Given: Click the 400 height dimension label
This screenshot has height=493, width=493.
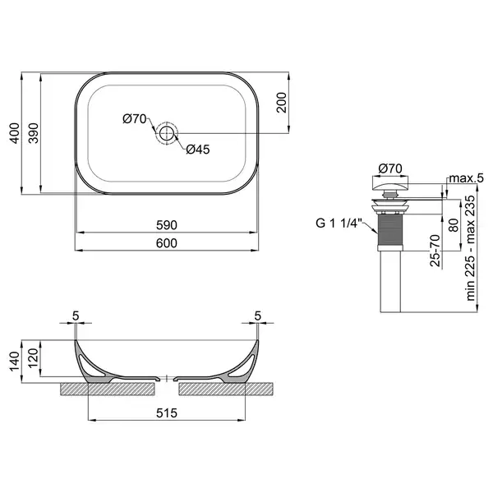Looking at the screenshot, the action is pos(15,133).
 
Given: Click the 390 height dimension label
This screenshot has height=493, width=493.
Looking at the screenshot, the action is pos(34,133).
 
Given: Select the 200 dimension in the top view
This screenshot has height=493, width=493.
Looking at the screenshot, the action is pos(282,103).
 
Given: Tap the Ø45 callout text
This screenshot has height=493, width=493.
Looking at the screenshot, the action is pos(198,150).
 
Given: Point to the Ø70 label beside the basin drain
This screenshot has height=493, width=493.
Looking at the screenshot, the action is pos(135,119).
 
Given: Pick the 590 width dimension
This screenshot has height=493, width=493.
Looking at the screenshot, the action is pos(167,225).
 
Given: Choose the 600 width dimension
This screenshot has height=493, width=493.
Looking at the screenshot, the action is pos(167,243).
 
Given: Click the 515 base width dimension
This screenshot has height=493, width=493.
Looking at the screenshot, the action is pos(167,412).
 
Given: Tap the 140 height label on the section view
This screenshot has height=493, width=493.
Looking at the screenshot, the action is pos(15,362).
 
